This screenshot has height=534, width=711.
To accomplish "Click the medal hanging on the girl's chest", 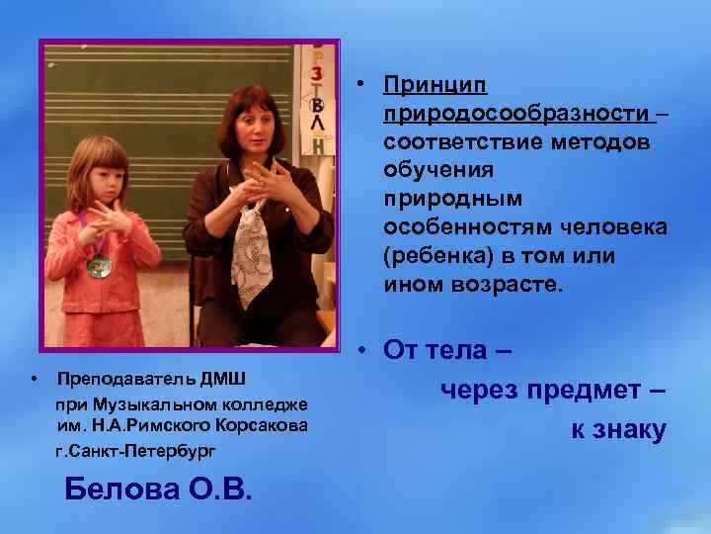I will tap(98, 267).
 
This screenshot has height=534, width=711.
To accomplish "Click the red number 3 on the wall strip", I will tap(317, 73).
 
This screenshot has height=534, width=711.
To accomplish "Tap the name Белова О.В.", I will tap(157, 489).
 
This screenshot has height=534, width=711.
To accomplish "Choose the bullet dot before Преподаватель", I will tap(34, 379).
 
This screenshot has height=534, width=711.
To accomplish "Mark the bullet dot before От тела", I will tap(364, 350).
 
